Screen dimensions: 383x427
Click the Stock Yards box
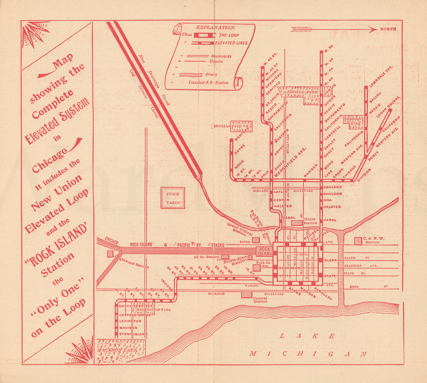(x=172, y=198)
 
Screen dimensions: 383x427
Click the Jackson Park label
(x=119, y=350)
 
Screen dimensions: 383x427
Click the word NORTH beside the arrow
(x=388, y=29)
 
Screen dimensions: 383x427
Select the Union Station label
(x=310, y=221)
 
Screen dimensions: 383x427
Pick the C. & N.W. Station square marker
(x=358, y=240)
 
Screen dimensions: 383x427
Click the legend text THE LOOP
(x=229, y=35)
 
